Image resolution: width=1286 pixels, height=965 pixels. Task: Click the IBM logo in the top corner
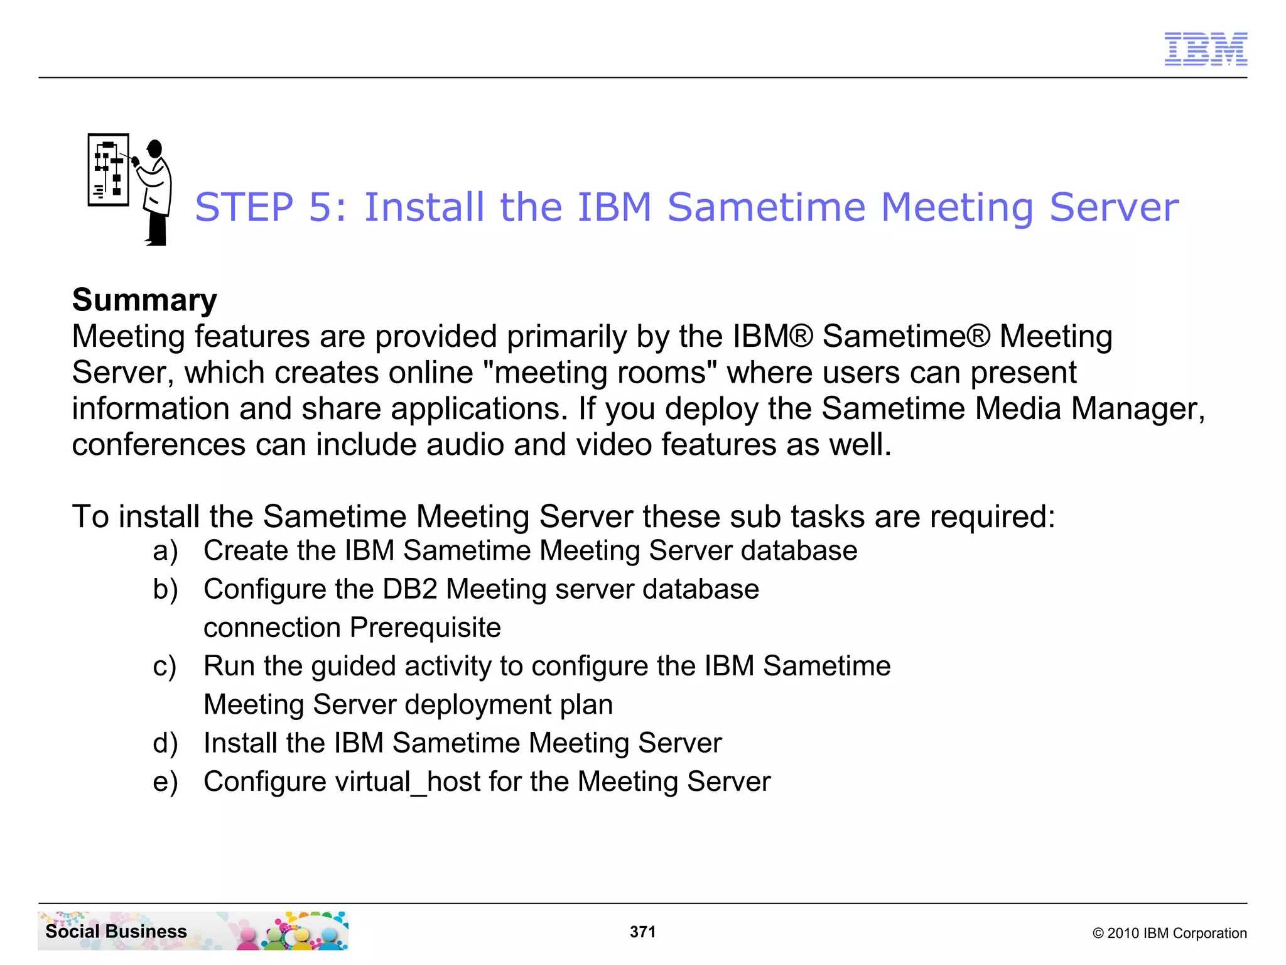1205,49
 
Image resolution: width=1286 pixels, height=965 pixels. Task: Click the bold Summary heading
144,300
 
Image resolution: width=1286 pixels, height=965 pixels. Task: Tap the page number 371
642,932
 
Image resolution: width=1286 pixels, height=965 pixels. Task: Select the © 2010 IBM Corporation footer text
1169,933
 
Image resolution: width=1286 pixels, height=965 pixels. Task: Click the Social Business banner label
116,931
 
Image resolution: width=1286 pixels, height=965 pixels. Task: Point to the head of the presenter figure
154,149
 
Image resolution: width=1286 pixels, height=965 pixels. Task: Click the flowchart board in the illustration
109,170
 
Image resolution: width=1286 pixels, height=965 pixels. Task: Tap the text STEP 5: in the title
270,208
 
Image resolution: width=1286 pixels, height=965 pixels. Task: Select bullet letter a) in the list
165,551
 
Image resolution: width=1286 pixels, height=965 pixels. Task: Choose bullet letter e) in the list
165,782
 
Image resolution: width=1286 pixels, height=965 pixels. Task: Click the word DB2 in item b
409,589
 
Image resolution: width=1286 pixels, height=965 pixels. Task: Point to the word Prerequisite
425,628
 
